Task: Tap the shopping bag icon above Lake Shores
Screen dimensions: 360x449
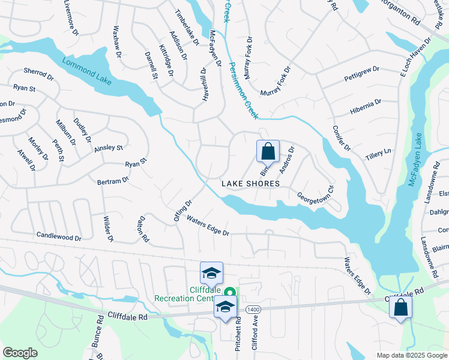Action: (268, 151)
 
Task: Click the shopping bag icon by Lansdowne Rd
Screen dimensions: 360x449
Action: (400, 307)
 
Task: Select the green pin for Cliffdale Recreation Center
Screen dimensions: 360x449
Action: (228, 292)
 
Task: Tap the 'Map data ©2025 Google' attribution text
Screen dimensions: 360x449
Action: (411, 355)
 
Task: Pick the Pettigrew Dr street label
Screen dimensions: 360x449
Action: (361, 74)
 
